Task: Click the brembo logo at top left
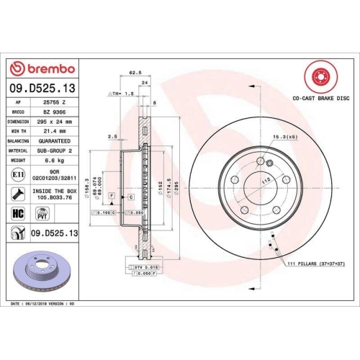click(41, 68)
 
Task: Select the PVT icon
click(42, 213)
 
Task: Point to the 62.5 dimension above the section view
click(133, 73)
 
